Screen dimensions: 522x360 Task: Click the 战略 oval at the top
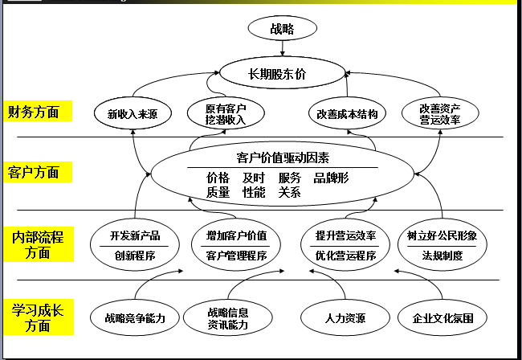coord(283,28)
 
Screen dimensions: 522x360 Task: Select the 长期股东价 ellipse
coord(283,73)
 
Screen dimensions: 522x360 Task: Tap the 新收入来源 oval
coord(133,113)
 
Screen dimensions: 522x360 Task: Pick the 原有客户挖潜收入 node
coord(226,113)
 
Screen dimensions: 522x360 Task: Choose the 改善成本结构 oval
coord(347,113)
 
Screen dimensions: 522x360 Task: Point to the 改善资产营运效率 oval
coord(440,113)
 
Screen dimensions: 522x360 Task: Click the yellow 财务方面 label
coord(38,111)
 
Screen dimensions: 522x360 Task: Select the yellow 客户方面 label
coord(38,172)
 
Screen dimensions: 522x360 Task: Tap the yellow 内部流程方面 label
coord(39,244)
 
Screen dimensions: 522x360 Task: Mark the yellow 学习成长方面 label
coord(39,317)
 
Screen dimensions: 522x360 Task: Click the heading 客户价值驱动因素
coord(283,157)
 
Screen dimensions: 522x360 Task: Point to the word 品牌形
coord(331,178)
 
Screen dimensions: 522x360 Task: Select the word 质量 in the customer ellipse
coord(218,192)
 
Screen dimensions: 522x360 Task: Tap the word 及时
coord(254,178)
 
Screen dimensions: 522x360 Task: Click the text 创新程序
coord(135,256)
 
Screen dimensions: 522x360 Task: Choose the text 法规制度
coord(442,256)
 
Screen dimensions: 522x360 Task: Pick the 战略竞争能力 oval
coord(135,317)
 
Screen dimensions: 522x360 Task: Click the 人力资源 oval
coord(345,317)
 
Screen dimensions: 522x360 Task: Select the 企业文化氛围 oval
coord(442,317)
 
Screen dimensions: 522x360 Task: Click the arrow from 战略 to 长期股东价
coord(283,49)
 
